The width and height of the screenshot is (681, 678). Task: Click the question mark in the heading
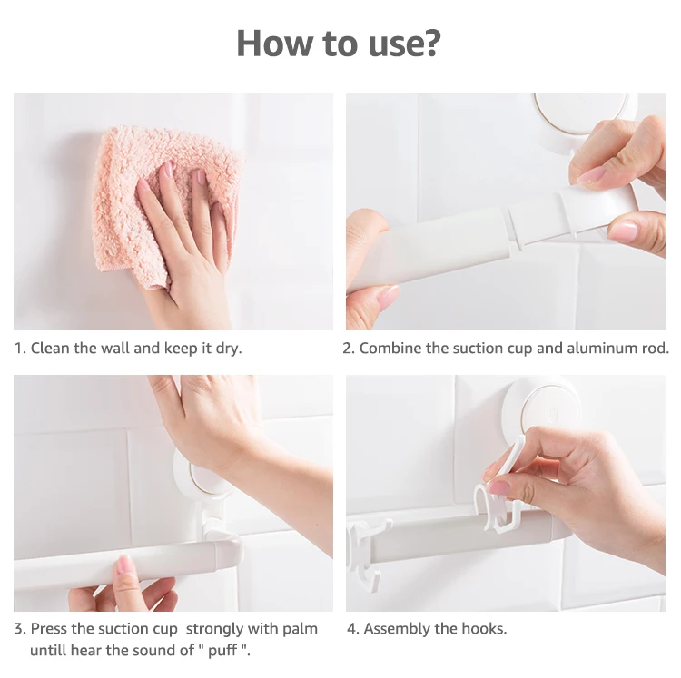point(431,43)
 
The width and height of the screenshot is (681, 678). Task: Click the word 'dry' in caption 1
point(228,349)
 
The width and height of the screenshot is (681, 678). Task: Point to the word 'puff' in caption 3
point(222,651)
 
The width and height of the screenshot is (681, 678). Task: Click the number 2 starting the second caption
point(347,349)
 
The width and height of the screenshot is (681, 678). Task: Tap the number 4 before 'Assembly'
point(351,628)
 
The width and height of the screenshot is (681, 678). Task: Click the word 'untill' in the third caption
point(48,651)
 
